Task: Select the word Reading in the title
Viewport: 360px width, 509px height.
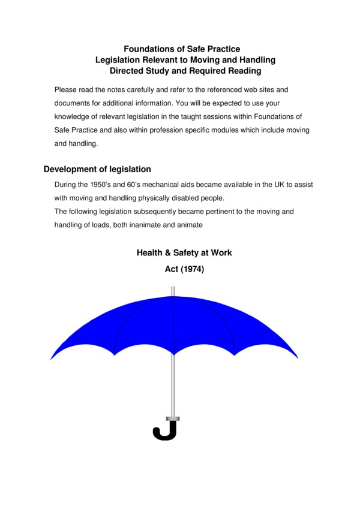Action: [x=244, y=71]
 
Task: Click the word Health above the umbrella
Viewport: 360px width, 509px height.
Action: [x=150, y=253]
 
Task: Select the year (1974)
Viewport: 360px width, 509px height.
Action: [x=192, y=270]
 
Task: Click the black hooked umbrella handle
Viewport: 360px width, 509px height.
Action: [x=165, y=431]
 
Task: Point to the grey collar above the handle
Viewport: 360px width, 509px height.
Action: [x=173, y=418]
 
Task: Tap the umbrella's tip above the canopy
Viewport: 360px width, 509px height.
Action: [x=173, y=291]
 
